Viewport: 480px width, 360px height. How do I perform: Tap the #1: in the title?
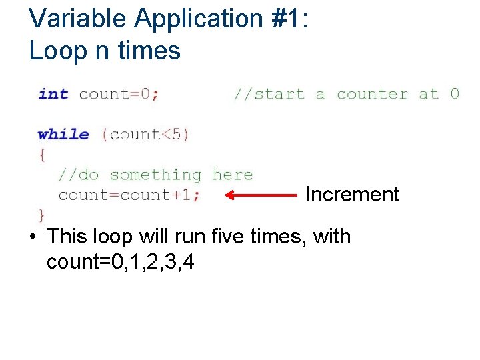coord(285,19)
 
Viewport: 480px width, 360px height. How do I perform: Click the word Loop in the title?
coord(55,50)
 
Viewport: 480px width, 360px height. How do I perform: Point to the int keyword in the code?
coord(53,94)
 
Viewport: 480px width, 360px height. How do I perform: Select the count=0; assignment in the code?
coord(119,94)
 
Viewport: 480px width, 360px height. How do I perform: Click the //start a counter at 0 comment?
coord(345,94)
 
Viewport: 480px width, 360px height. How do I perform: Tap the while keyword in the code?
coord(63,134)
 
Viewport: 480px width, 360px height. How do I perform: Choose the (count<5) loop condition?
coord(145,134)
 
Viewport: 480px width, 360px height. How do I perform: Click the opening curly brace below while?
coord(42,155)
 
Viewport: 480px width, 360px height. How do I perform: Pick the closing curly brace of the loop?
coord(42,215)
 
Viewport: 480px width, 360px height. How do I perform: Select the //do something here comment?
coord(155,175)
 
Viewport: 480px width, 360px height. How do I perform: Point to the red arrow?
coord(261,195)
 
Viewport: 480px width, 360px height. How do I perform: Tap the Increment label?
coord(351,195)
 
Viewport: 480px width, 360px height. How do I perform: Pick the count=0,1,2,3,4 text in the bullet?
coord(121,262)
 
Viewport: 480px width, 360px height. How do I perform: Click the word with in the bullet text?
coord(331,237)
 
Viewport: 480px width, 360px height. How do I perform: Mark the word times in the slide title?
coord(149,50)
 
